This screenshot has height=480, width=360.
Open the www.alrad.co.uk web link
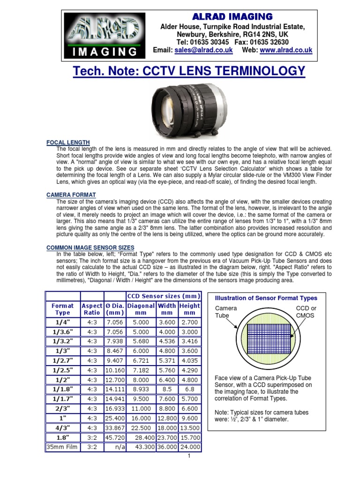point(286,50)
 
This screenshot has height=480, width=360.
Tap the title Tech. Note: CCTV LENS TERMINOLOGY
point(189,72)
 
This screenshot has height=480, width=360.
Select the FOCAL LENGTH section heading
point(68,142)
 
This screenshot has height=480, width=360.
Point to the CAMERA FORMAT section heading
point(71,195)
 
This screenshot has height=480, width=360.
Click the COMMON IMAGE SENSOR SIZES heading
point(90,247)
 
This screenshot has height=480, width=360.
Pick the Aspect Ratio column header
point(92,309)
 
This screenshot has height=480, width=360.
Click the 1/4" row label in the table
point(62,322)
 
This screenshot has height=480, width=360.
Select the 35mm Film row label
point(62,447)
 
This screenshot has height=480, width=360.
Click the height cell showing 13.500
point(190,428)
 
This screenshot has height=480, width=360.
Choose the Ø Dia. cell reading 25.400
point(115,418)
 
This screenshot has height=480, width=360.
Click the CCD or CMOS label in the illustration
point(307,312)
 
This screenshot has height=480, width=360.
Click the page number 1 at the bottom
point(188,456)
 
